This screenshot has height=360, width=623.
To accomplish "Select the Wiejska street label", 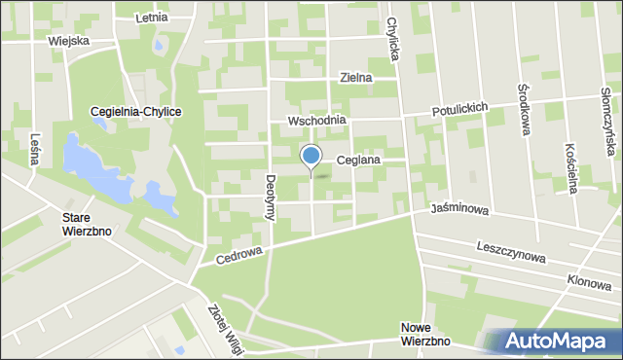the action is tap(68, 41).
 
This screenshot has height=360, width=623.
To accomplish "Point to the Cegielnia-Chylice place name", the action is tap(136, 112).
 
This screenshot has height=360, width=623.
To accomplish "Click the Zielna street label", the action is tap(356, 78).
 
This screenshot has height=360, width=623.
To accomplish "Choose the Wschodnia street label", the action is tap(315, 122).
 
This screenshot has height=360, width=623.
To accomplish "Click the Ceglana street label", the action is tap(357, 160).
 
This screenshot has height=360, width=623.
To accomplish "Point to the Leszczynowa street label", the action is tap(512, 252).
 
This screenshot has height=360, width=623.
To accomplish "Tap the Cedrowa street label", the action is tap(240, 256).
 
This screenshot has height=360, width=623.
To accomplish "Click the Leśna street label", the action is tap(35, 148).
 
